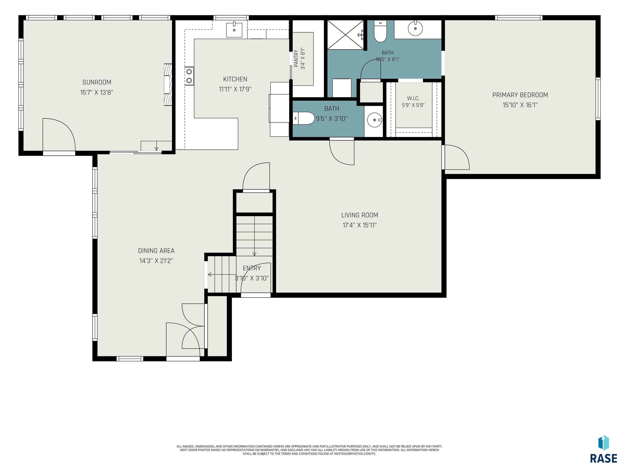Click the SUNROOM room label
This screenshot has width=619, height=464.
97,82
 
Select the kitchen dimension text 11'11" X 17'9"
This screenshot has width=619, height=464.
235,89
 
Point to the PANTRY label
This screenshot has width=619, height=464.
296,58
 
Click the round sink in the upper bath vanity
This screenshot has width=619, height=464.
415,29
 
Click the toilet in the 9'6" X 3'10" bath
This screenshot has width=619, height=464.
303,118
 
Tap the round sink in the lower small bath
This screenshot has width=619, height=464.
374,121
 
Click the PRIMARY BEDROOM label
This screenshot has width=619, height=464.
520,95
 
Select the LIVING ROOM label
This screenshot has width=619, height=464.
360,215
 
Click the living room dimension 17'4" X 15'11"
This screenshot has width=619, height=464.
360,225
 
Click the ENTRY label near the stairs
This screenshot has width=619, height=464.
252,268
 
